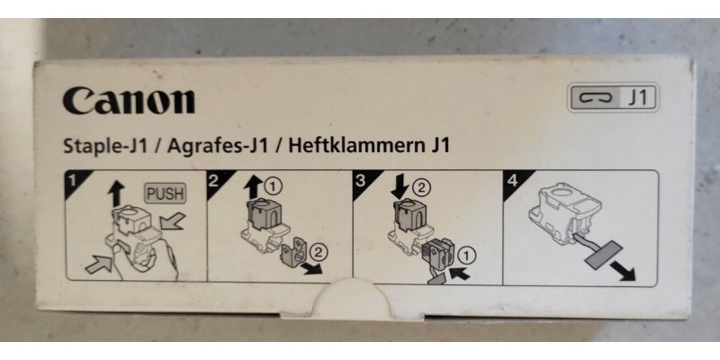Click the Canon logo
[x=128, y=101]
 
